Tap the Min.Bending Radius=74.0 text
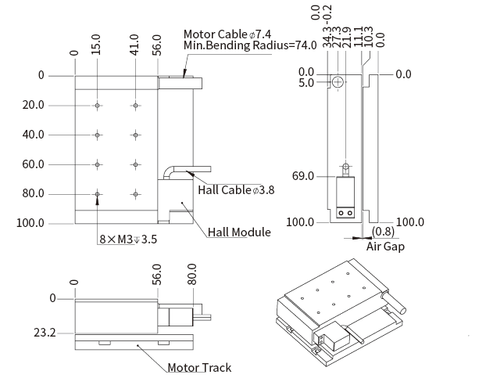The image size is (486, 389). [x=250, y=45]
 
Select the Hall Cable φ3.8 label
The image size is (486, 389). [x=236, y=189]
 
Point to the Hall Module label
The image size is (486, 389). [x=239, y=232]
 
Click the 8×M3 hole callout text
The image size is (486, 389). [x=128, y=240]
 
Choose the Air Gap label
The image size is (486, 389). [x=385, y=246]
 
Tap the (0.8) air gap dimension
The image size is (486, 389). [x=383, y=232]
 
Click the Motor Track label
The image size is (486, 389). [x=199, y=367]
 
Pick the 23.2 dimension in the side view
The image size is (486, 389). [x=45, y=333]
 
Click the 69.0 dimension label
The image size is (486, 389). [x=303, y=176]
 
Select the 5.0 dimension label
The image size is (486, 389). [x=306, y=82]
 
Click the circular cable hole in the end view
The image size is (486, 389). [x=338, y=82]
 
